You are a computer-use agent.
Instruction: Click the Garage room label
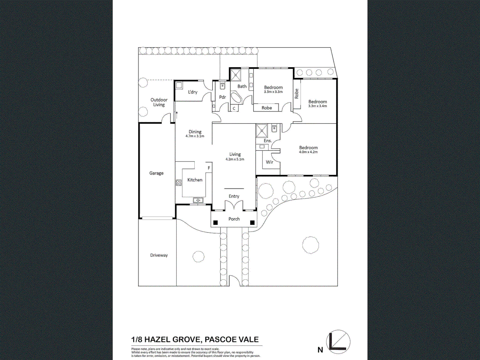tap(156, 173)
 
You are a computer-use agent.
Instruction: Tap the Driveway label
tap(159, 255)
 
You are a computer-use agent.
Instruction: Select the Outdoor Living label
tap(159, 102)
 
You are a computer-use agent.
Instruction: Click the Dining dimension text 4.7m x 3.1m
tap(195, 136)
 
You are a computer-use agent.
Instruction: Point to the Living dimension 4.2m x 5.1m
tap(235, 159)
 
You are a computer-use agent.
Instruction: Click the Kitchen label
tap(195, 180)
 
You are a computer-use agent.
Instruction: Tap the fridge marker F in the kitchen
tap(209, 168)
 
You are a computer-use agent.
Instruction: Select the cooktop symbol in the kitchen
tap(179, 182)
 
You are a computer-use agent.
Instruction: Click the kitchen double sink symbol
tap(198, 200)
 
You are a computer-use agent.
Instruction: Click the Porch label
tap(234, 219)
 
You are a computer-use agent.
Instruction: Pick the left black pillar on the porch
tap(216, 223)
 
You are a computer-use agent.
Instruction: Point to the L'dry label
tap(193, 92)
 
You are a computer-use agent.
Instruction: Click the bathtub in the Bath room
tap(236, 98)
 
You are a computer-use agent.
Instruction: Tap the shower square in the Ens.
tap(262, 130)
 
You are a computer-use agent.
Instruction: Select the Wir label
tap(269, 162)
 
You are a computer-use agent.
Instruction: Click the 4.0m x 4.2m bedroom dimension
tap(308, 152)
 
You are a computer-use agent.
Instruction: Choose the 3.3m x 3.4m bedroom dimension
tap(317, 106)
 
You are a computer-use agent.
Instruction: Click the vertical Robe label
tap(297, 94)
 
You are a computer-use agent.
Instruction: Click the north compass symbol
tap(338, 342)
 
